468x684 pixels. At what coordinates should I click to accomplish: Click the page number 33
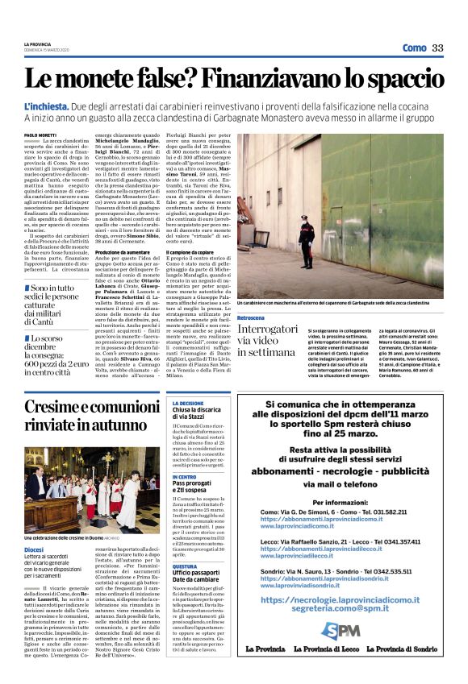(x=437, y=48)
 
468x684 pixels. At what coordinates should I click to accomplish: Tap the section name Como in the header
(x=414, y=48)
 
